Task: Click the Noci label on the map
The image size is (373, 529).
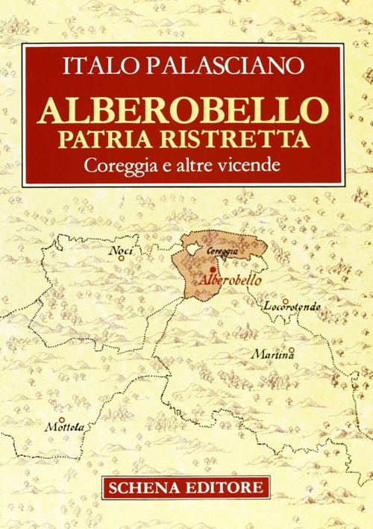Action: [x=120, y=252]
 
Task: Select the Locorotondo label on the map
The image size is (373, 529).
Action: [x=292, y=307]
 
